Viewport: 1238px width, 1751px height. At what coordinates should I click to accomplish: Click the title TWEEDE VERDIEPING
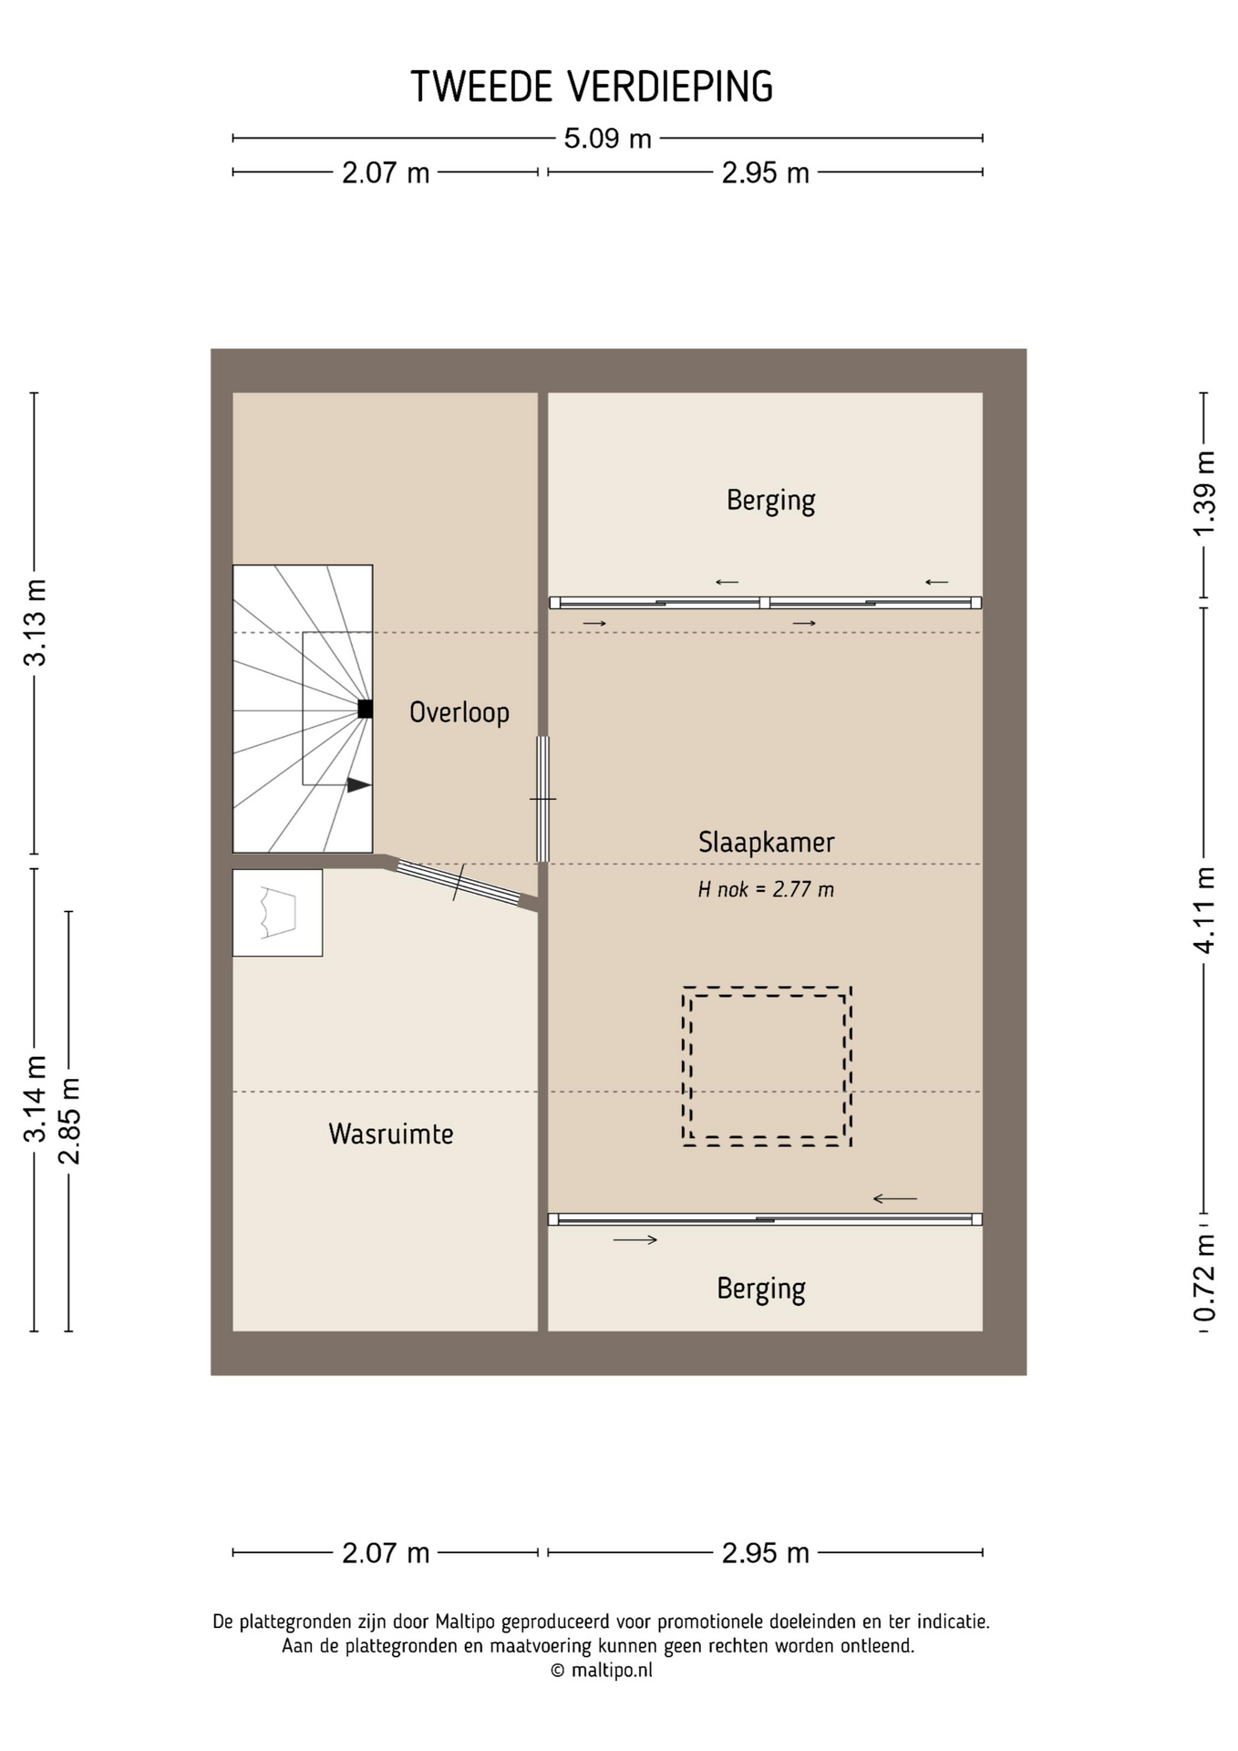click(592, 87)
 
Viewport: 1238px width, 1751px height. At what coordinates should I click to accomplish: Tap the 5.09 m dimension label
click(607, 139)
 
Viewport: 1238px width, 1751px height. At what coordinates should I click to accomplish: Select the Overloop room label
click(459, 712)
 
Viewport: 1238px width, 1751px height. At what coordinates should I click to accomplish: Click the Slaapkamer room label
click(766, 842)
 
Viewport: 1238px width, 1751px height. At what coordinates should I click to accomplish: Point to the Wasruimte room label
click(390, 1134)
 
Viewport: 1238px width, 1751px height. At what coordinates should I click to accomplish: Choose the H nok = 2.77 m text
click(766, 889)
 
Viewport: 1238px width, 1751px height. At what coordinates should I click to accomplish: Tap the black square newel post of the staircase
click(365, 709)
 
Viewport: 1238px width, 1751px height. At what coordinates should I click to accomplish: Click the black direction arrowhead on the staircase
click(358, 784)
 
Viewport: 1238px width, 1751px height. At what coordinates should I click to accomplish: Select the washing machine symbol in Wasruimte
click(277, 912)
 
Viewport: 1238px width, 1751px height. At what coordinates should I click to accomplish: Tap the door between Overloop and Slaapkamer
click(542, 799)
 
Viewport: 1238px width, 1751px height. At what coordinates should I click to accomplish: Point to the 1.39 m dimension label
click(1204, 494)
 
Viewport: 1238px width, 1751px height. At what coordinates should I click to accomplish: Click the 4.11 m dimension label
click(1204, 910)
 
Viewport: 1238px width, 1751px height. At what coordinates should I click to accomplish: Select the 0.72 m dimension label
click(1204, 1277)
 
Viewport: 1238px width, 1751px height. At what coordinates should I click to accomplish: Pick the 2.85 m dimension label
click(69, 1121)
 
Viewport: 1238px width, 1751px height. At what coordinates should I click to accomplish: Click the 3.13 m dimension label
click(35, 623)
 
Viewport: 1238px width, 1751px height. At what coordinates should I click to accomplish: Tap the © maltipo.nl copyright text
click(602, 1671)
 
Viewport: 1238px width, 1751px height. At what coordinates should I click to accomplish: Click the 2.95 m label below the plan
click(765, 1553)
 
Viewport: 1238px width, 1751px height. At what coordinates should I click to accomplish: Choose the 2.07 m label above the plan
click(386, 172)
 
